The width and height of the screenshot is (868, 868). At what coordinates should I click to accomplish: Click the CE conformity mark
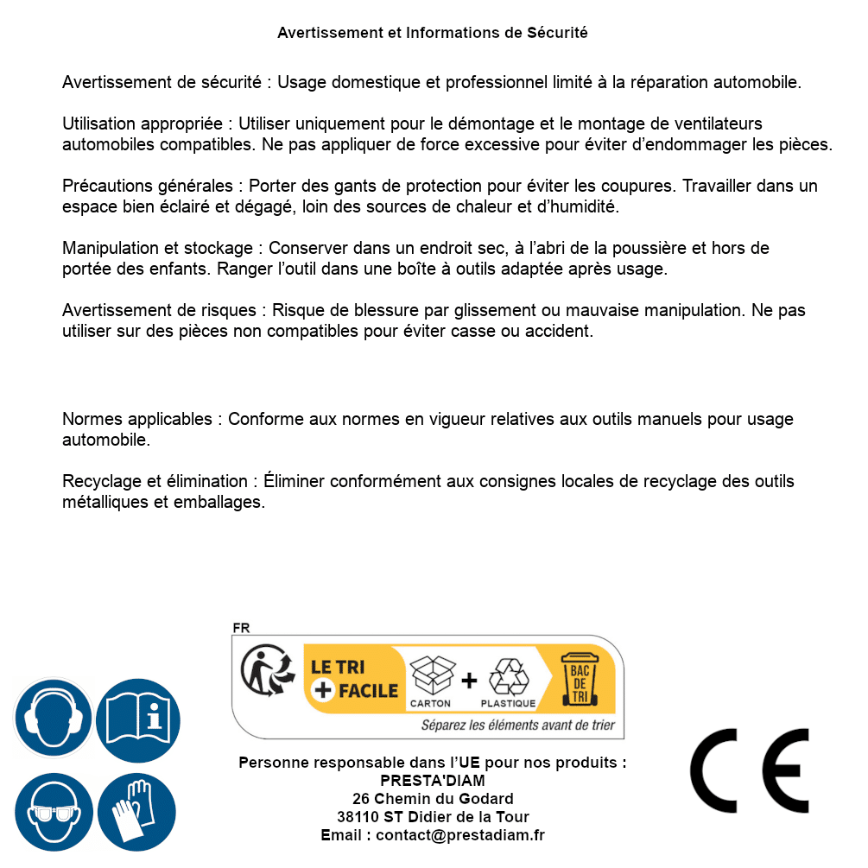tap(750, 770)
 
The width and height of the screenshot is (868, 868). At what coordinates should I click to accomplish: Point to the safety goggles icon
tap(54, 812)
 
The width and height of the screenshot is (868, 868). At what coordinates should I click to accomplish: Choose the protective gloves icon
tap(138, 812)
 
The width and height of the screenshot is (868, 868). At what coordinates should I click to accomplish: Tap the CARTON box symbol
tap(431, 678)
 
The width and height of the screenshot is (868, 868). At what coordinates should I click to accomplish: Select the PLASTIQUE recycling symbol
tap(508, 678)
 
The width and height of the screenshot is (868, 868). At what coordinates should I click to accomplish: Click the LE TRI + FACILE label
tap(354, 679)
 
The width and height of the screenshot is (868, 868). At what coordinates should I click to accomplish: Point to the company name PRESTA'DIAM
tap(433, 781)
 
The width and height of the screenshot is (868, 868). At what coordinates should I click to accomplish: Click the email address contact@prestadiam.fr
tap(460, 835)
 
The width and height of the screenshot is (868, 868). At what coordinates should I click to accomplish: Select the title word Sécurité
tap(557, 33)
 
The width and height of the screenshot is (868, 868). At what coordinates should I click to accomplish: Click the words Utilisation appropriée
tap(145, 124)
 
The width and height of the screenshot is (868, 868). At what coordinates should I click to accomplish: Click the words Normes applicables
tap(136, 420)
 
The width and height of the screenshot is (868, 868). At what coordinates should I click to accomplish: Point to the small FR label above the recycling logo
tap(241, 629)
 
